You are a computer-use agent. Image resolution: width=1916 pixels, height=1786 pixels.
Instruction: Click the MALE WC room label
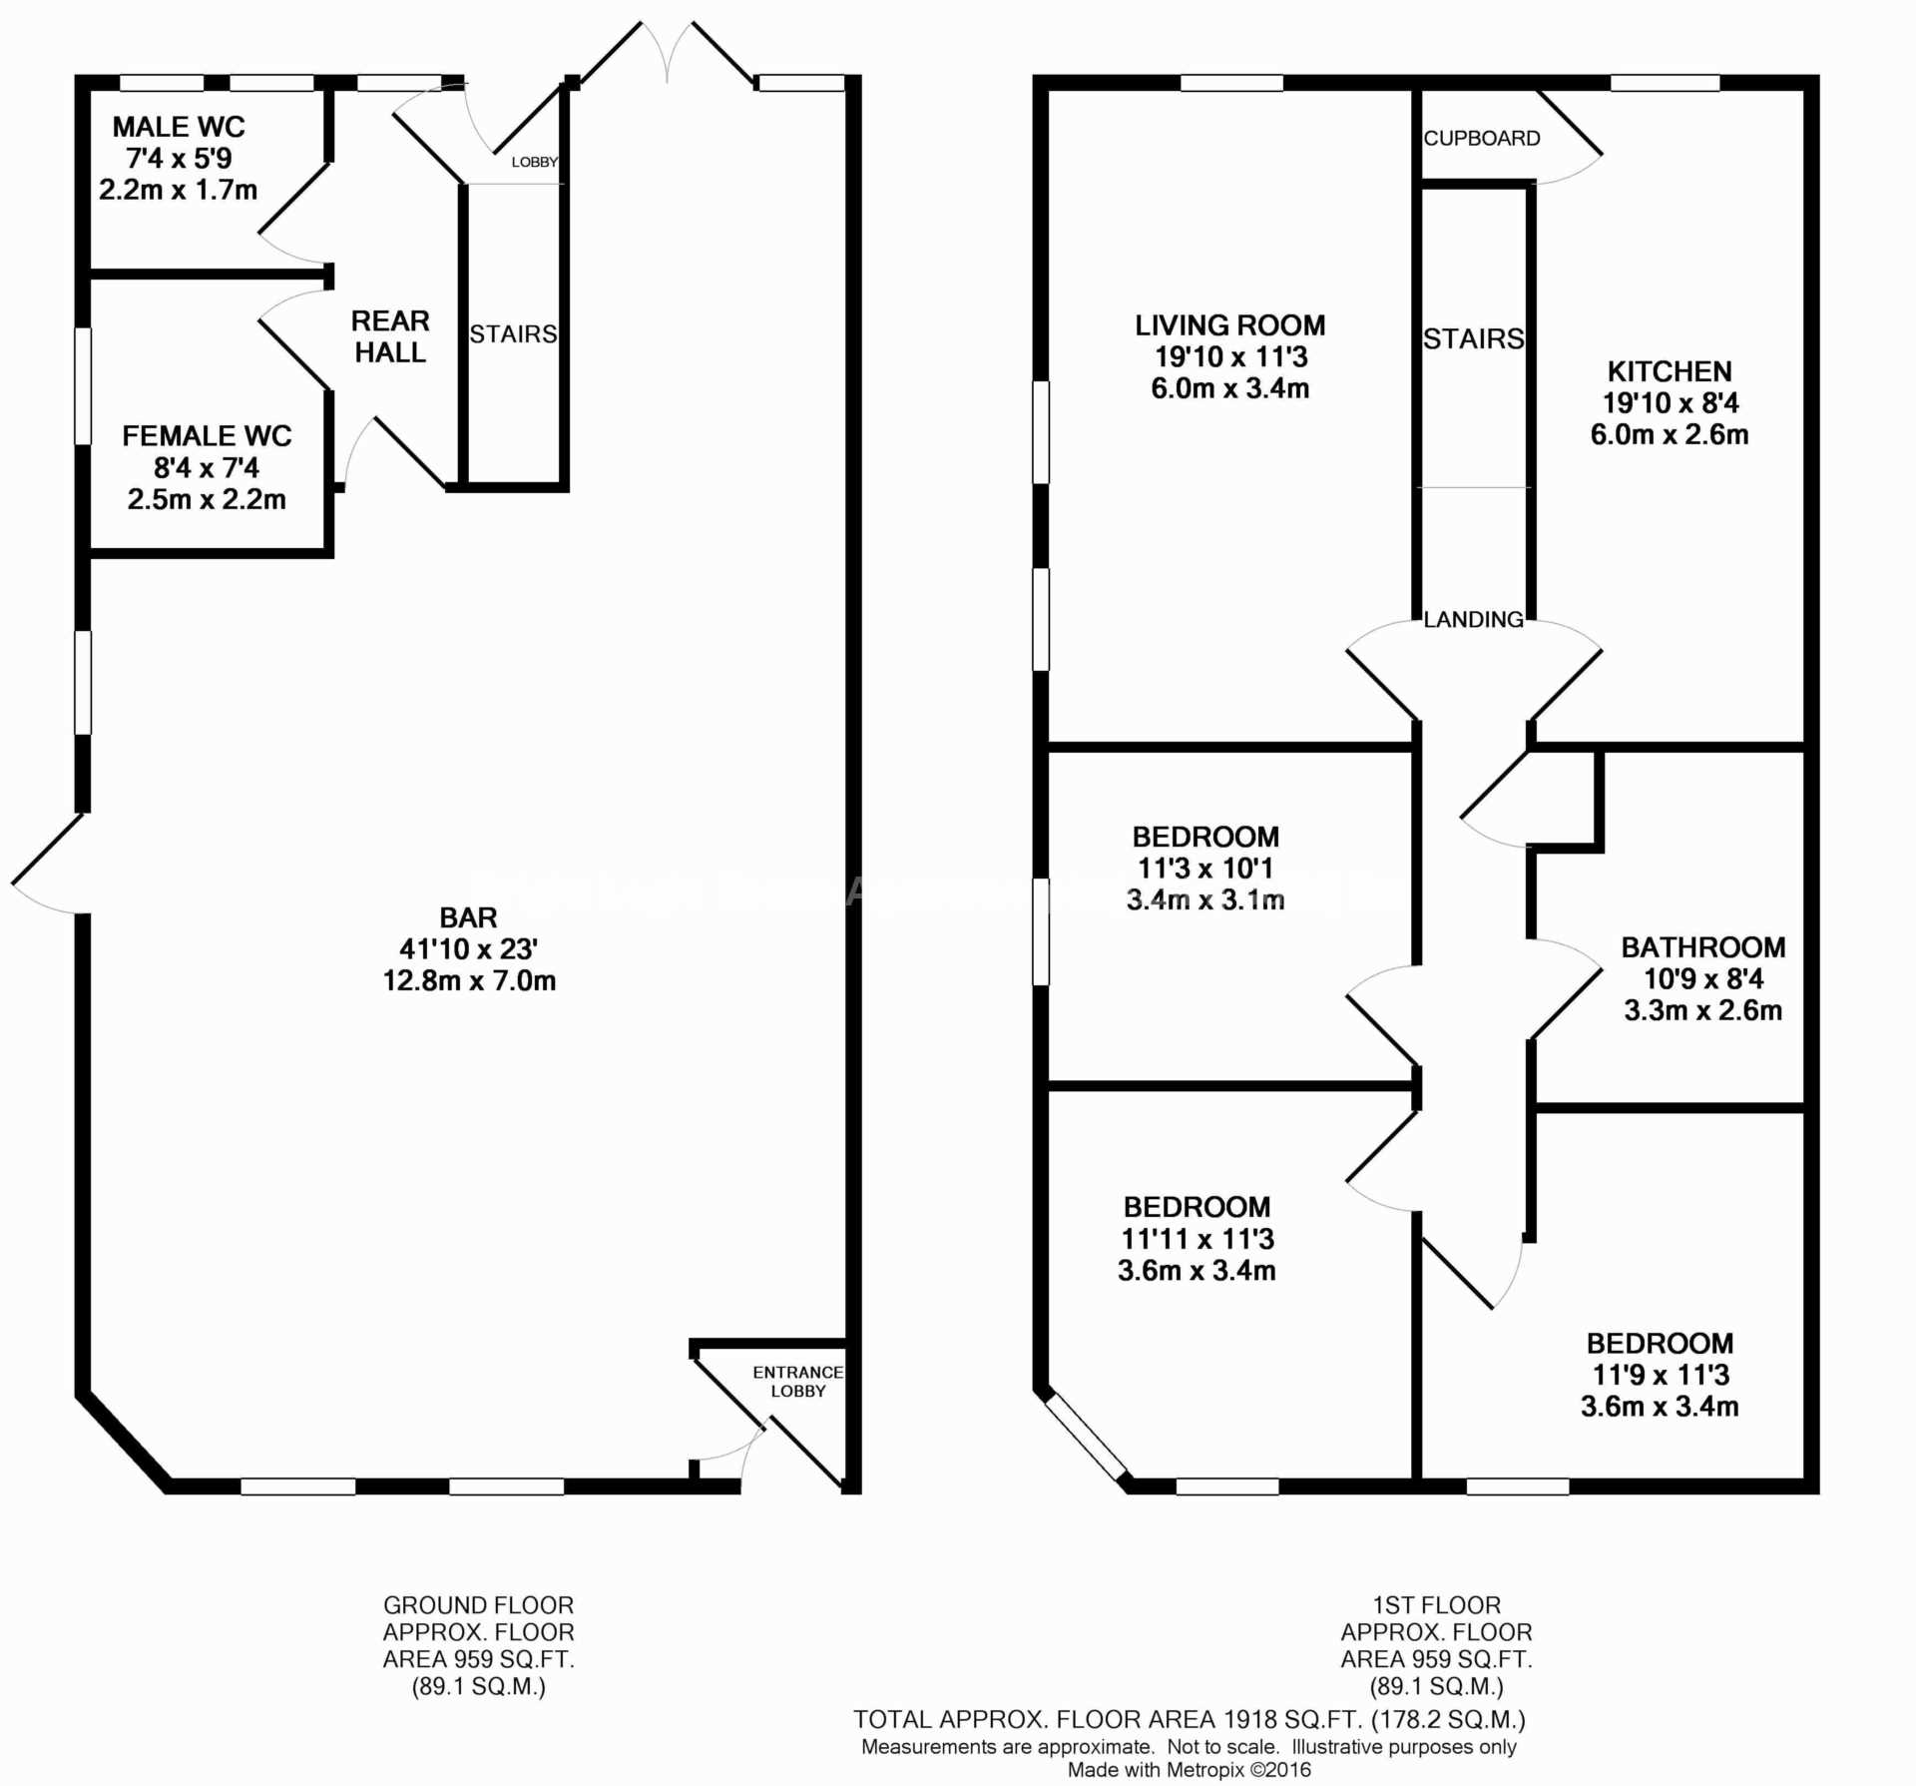[x=179, y=127]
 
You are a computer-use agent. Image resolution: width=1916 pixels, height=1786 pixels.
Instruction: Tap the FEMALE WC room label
[x=207, y=436]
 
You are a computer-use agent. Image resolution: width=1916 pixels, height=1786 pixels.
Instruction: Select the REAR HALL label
[x=390, y=336]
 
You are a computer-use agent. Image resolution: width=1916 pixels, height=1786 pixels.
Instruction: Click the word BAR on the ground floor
[x=468, y=917]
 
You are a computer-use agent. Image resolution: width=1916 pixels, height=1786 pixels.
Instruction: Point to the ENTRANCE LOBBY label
[x=798, y=1382]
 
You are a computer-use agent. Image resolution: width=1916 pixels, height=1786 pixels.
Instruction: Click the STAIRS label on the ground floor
[x=513, y=334]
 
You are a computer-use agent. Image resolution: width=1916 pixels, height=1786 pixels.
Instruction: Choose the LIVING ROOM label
[x=1230, y=325]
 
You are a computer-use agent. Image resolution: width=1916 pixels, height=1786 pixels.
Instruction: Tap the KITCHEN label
[x=1670, y=371]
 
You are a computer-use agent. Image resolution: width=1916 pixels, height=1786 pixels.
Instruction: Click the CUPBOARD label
[x=1482, y=139]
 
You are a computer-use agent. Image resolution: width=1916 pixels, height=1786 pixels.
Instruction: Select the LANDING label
[x=1474, y=620]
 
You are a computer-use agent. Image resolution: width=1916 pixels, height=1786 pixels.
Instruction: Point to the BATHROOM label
[x=1703, y=946]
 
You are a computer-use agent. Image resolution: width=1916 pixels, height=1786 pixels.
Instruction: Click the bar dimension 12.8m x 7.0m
[x=469, y=980]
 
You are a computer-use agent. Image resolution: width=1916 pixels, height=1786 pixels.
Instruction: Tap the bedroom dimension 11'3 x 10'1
[x=1205, y=869]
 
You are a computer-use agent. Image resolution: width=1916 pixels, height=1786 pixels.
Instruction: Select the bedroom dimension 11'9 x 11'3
[x=1661, y=1375]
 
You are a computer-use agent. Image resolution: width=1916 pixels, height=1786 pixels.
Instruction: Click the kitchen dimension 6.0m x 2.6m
[x=1670, y=434]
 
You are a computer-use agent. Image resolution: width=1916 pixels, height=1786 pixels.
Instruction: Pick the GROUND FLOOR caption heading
[x=479, y=1605]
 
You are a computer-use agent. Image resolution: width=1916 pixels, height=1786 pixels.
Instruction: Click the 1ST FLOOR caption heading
[x=1437, y=1605]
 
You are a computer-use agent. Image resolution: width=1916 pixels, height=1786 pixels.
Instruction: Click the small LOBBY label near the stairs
[x=535, y=162]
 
